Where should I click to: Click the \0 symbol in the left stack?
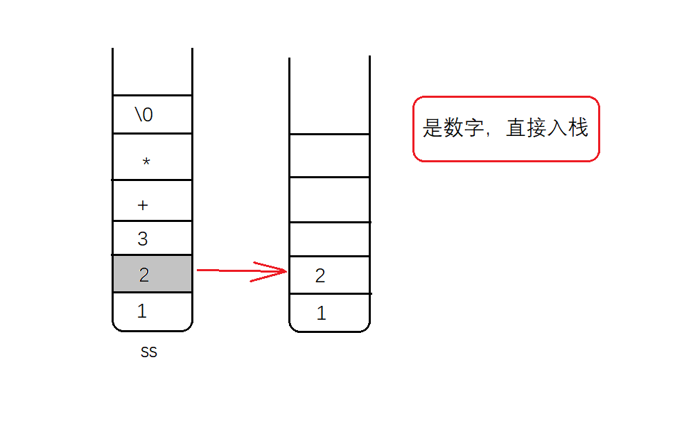pos(143,114)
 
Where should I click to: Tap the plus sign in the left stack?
pos(143,205)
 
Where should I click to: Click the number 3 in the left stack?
pos(143,239)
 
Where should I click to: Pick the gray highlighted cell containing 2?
pos(152,274)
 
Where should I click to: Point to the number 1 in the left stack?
pos(142,311)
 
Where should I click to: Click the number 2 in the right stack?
pos(320,276)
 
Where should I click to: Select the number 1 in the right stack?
pos(321,313)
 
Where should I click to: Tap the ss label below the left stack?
pos(149,352)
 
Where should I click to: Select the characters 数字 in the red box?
pos(464,128)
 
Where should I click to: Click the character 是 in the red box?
pos(432,128)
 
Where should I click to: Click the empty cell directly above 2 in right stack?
pos(329,239)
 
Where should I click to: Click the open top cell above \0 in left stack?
pos(152,73)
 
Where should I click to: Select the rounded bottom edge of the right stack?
pos(329,331)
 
